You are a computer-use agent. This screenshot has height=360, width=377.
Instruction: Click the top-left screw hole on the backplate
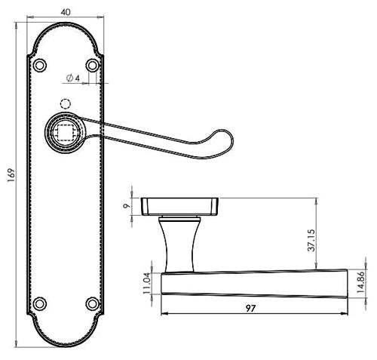point(39,66)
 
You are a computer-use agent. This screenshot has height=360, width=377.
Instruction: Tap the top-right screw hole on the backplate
point(93,66)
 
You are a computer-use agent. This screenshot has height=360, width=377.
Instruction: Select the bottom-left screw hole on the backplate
point(39,303)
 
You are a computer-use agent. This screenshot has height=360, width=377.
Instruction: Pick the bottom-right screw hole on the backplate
point(93,303)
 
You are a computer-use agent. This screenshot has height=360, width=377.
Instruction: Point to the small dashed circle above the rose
point(66,103)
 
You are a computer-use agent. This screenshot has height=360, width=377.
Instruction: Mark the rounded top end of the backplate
point(66,30)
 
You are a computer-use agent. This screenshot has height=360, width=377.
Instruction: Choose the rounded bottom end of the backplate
point(66,340)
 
